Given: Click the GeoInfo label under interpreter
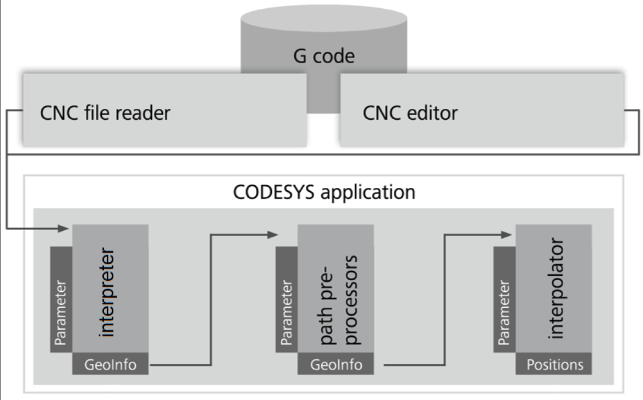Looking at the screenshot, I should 110,364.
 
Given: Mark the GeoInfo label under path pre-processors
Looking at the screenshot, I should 336,364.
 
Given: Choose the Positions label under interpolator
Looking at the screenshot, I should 553,364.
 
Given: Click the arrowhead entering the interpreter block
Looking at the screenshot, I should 65,227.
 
